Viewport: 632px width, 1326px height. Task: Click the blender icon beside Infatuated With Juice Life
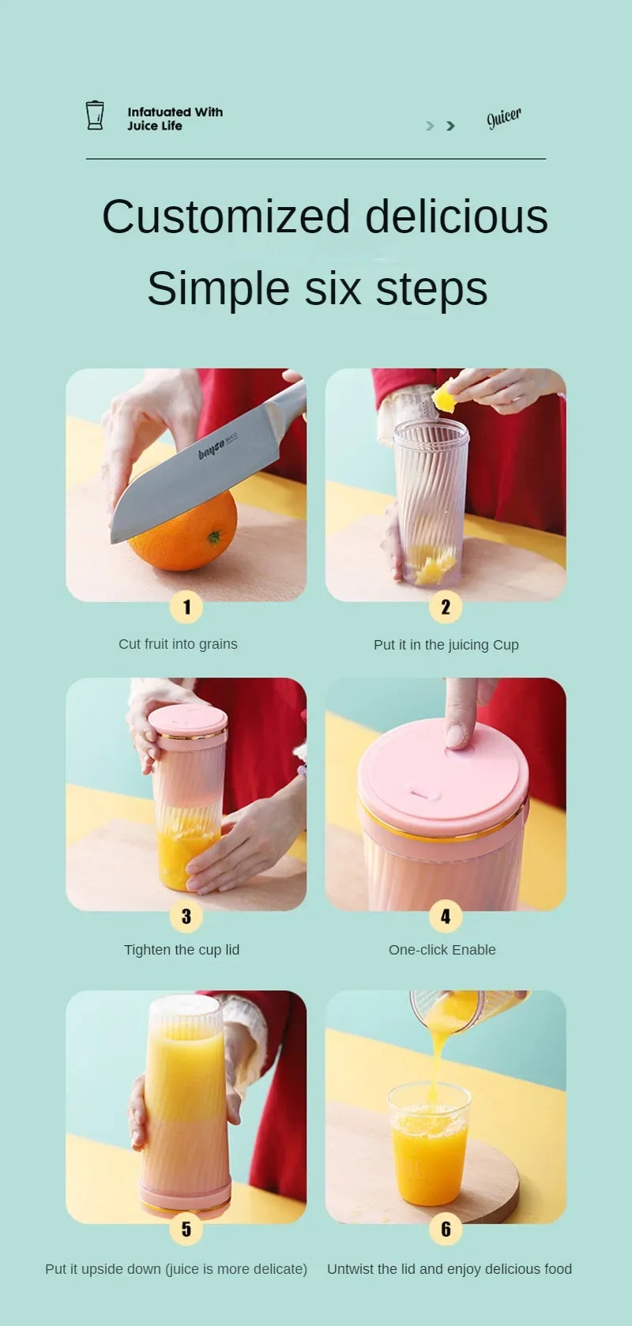point(95,115)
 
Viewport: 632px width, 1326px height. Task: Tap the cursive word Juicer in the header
point(503,118)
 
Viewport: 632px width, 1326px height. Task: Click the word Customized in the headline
point(226,217)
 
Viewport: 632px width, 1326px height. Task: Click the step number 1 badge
point(186,607)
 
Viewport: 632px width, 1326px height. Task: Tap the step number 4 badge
point(446,916)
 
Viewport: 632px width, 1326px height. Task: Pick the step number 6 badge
point(446,1229)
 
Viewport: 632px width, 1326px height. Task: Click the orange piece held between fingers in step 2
point(445,398)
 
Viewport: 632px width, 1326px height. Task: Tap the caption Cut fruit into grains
point(178,644)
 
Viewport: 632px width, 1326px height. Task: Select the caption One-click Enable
point(442,950)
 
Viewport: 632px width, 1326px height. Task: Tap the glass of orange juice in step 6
point(429,1146)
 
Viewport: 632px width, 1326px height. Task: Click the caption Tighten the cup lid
point(181,950)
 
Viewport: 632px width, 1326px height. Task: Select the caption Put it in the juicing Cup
point(446,645)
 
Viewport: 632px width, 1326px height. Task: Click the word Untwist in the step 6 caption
point(352,1269)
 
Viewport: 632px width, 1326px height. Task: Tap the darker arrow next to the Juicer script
point(450,126)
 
